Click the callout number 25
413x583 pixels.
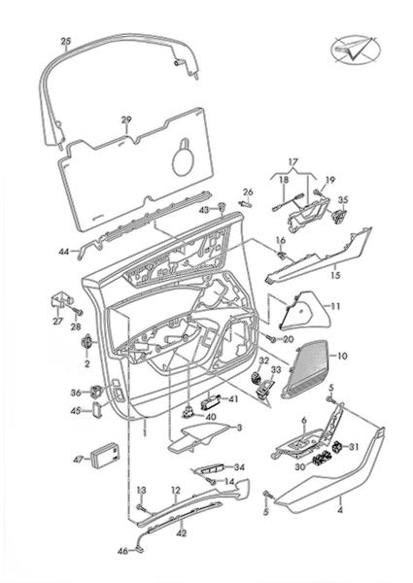(x=66, y=41)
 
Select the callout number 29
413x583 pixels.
(x=126, y=120)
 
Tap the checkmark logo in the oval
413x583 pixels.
(x=351, y=51)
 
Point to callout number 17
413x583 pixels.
(x=293, y=162)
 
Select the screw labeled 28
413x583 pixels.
(x=77, y=312)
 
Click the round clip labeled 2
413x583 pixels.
(x=87, y=342)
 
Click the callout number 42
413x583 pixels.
(x=182, y=533)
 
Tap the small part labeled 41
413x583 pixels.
(x=212, y=402)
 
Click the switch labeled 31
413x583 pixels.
(x=337, y=447)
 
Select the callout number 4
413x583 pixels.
(x=339, y=510)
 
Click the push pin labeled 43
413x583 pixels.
(x=222, y=206)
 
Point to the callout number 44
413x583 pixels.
(x=63, y=252)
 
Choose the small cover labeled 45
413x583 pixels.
(x=98, y=409)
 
